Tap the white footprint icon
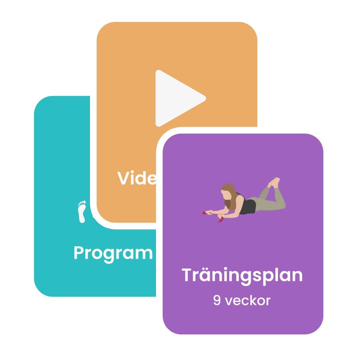[x=82, y=212]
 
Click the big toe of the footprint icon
[x=84, y=202]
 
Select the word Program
[x=113, y=253]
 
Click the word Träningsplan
[x=242, y=275]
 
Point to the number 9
[x=217, y=301]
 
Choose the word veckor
[x=248, y=301]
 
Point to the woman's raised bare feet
[x=274, y=182]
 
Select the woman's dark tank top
[x=248, y=205]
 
